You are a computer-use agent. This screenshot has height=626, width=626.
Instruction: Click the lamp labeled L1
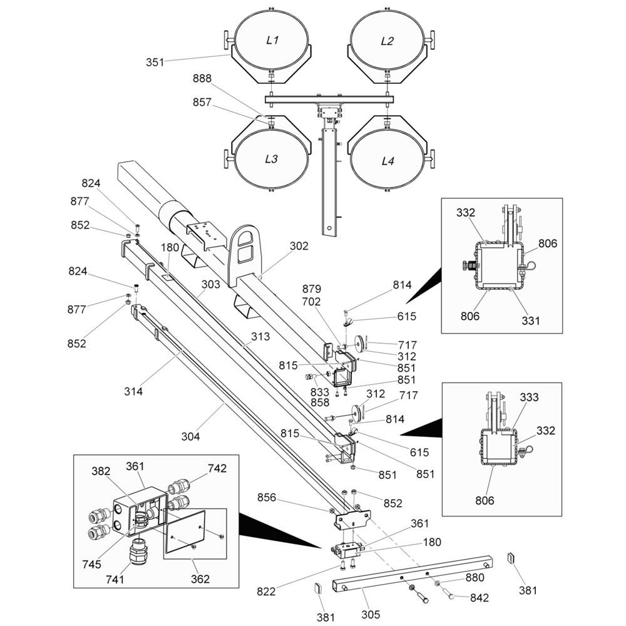272,41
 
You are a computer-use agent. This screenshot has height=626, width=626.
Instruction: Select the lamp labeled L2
387,41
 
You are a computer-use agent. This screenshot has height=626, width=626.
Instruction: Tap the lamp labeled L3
271,159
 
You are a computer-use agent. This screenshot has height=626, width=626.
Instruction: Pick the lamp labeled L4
388,161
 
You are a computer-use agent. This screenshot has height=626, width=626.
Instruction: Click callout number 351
155,62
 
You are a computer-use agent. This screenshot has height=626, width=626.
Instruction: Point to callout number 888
202,79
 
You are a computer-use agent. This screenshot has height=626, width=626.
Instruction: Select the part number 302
299,246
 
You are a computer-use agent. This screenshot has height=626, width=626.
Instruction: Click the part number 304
190,436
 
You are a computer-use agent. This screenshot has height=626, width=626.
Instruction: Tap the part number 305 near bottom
371,614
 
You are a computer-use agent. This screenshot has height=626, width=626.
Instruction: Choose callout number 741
115,580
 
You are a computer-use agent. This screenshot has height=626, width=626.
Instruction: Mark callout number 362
200,579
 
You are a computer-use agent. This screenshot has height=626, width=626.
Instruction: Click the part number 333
529,398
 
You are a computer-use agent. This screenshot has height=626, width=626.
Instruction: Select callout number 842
479,598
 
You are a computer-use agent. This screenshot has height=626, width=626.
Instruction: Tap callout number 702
311,301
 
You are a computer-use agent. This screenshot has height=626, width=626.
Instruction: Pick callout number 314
133,391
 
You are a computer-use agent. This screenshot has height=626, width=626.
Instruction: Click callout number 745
91,564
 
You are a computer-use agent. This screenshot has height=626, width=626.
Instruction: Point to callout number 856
267,498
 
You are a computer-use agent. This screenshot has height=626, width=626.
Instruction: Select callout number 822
267,590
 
